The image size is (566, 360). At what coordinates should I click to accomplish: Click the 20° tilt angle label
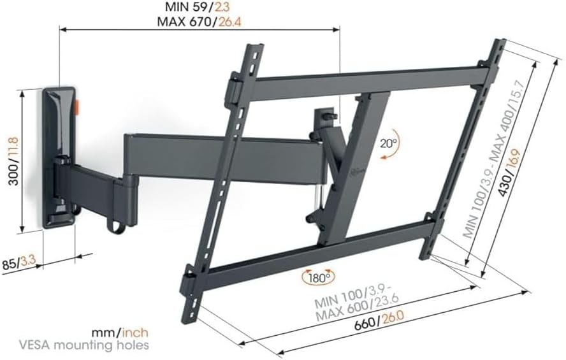388,143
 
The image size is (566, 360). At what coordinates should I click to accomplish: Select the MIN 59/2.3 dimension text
197,6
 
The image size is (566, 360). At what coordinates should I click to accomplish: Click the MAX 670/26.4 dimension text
200,22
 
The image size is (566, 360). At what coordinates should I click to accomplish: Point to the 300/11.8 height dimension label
14,161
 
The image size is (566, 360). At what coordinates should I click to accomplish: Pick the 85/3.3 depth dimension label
18,263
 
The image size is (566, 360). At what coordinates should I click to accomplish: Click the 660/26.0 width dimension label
379,321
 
